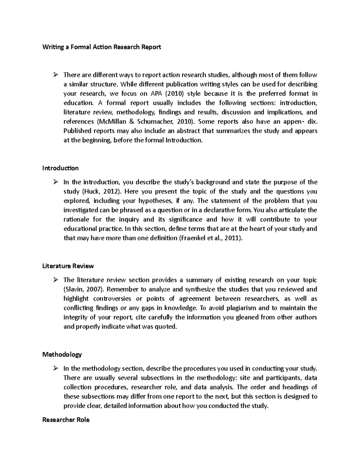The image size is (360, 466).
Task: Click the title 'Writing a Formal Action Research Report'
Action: (102, 47)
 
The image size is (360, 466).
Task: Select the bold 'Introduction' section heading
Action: (60, 168)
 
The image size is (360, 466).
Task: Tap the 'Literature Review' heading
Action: (68, 266)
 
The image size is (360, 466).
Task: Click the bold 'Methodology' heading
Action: (62, 354)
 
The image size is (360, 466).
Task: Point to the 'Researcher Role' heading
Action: (66, 420)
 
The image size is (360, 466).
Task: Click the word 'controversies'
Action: (112, 299)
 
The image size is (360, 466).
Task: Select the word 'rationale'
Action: (76, 219)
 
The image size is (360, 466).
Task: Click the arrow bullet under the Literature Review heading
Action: (55, 280)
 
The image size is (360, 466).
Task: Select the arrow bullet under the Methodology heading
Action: (55, 368)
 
